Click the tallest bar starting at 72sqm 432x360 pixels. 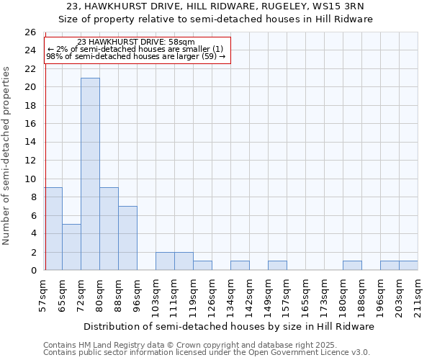tap(90, 174)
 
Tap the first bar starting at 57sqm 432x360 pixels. tap(53, 229)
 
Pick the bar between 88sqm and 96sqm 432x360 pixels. tap(127, 238)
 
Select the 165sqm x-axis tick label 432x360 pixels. tap(306, 297)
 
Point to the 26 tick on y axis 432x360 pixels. tap(30, 32)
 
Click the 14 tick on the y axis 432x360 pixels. tap(30, 143)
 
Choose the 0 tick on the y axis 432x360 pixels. tap(33, 271)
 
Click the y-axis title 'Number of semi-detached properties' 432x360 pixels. tap(7, 156)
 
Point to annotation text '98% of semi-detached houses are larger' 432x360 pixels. tap(136, 56)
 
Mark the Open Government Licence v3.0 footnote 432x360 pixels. tap(207, 353)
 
